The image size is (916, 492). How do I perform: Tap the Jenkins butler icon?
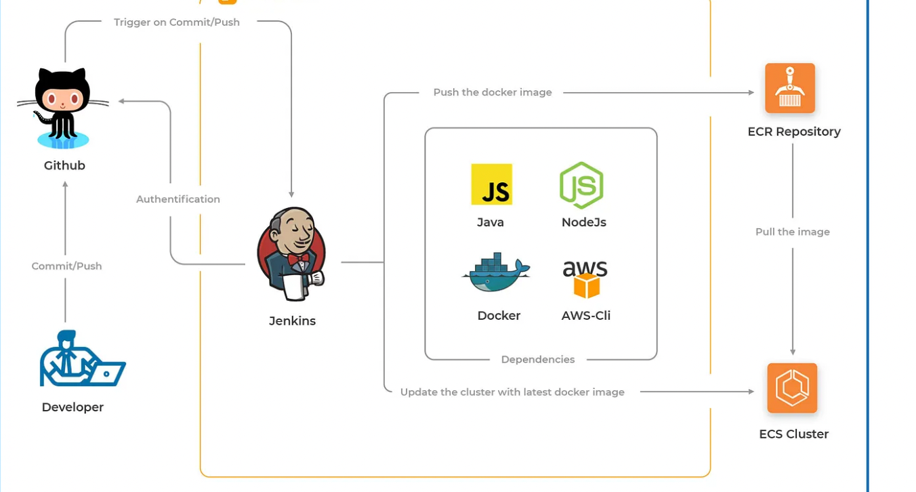[x=291, y=254]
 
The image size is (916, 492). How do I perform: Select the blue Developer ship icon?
[x=82, y=359]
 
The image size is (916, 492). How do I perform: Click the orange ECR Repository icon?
[x=790, y=88]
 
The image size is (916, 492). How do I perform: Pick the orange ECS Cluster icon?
[x=792, y=388]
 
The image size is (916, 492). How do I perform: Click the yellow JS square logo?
[x=492, y=184]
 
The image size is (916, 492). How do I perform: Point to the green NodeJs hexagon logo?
[x=581, y=185]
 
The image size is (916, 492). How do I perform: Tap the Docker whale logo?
[x=496, y=273]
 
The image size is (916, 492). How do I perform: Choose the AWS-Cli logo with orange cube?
[x=585, y=279]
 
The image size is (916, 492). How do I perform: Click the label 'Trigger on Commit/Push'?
[x=177, y=22]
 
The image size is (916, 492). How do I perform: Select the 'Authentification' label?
[x=178, y=199]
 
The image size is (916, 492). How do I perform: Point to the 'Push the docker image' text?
[x=493, y=92]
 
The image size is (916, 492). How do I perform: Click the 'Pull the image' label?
[x=793, y=232]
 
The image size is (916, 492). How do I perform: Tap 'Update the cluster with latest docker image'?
[x=512, y=392]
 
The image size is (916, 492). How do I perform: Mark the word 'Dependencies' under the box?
[x=538, y=359]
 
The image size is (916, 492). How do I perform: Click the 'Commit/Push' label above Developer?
[x=66, y=266]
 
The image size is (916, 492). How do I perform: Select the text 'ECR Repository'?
[x=794, y=131]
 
